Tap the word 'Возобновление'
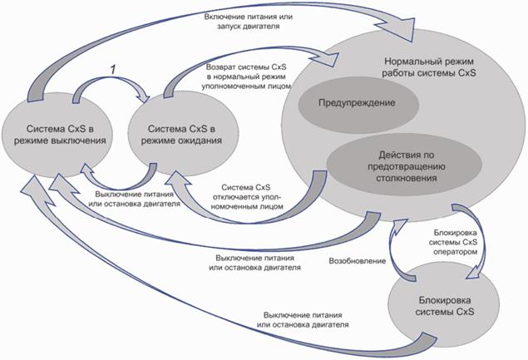tap(358, 260)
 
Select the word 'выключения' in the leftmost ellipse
tap(80, 140)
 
